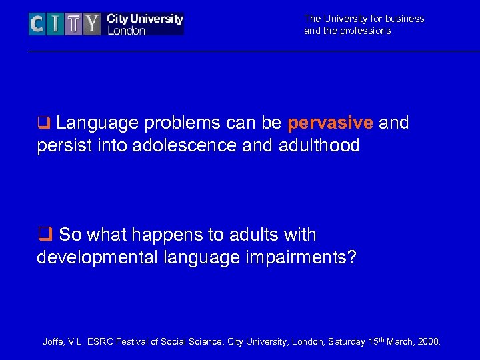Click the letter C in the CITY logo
[37, 25]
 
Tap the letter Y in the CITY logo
[92, 25]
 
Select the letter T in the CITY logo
[74, 25]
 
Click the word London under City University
[126, 31]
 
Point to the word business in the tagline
[405, 19]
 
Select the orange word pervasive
[330, 123]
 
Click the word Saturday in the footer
[339, 342]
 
